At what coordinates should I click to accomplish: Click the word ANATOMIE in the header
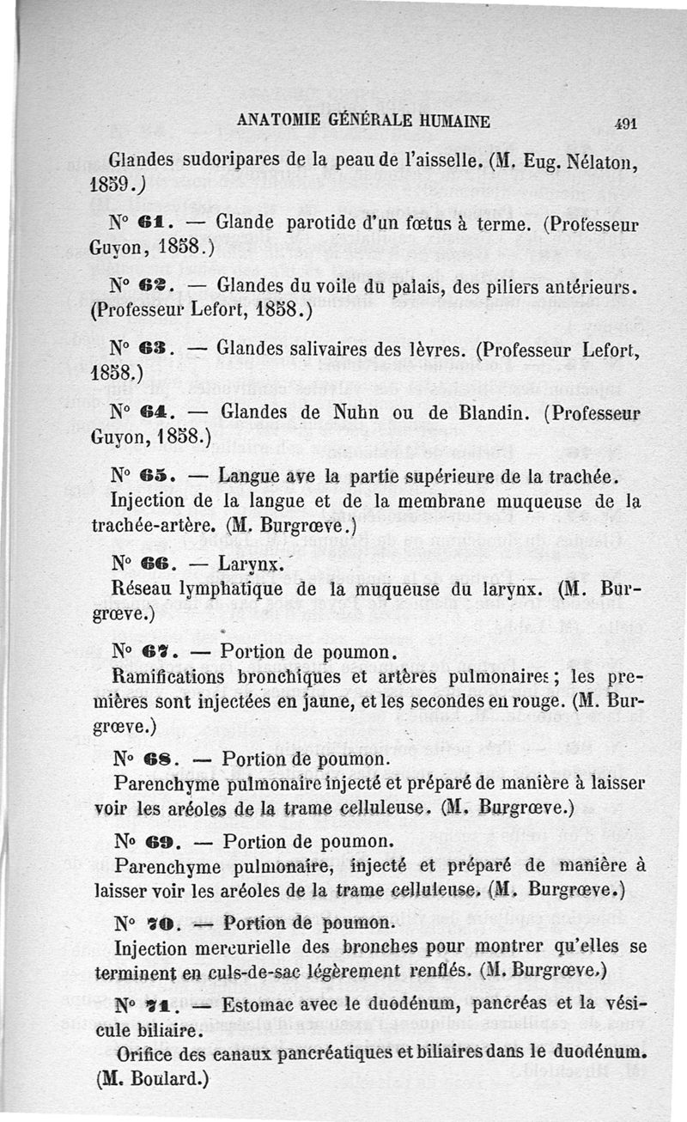tap(277, 121)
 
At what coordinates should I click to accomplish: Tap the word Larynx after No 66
tap(248, 565)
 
